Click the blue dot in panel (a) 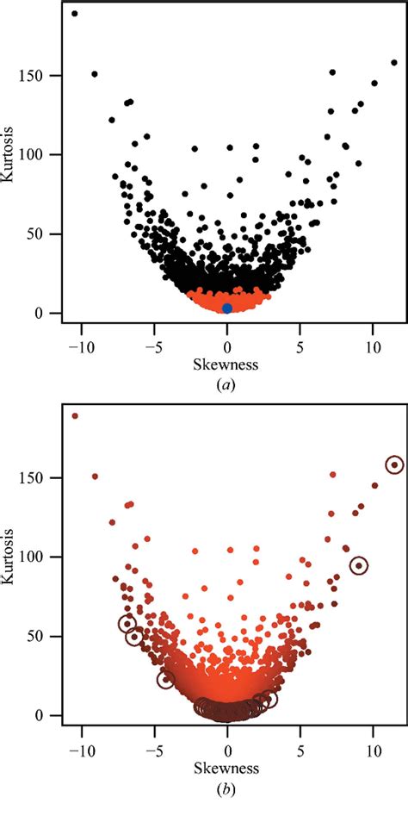click(x=227, y=308)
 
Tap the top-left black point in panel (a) click(x=75, y=14)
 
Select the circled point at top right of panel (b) click(x=394, y=464)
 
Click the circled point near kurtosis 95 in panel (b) click(x=359, y=565)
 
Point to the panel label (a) click(x=227, y=385)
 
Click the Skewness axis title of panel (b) click(x=227, y=767)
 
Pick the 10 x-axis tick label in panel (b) click(x=373, y=749)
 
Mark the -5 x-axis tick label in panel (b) click(x=153, y=749)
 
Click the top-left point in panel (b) click(x=75, y=415)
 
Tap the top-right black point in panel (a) click(x=394, y=62)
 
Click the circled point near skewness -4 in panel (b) click(x=166, y=679)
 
